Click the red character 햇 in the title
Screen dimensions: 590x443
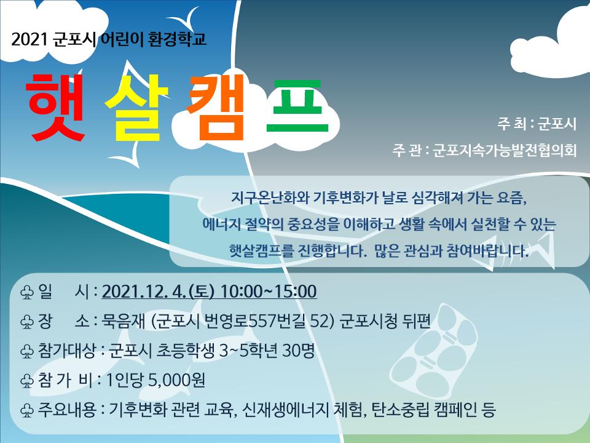[x=55, y=107]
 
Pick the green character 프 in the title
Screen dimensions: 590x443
[x=297, y=106]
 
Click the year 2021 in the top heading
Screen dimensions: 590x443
[x=29, y=39]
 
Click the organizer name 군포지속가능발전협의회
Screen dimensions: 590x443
[x=504, y=150]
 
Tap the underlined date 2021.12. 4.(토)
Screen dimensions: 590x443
[x=158, y=292]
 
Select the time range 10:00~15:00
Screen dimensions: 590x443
[x=269, y=292]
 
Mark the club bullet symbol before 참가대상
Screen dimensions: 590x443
[x=26, y=351]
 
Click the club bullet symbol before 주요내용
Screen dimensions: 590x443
[x=26, y=410]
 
